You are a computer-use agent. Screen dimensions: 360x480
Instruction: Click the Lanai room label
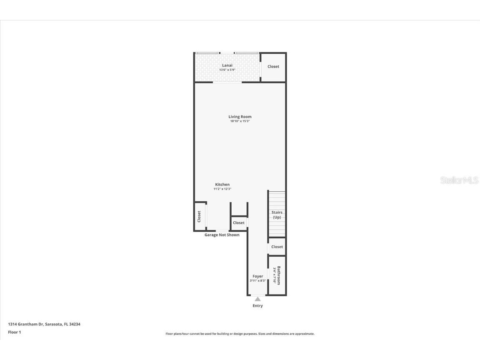[227, 65]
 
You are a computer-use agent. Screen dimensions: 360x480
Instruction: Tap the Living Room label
[240, 117]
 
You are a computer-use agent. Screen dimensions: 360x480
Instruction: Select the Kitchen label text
[222, 185]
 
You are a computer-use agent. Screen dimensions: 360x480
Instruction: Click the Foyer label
[258, 276]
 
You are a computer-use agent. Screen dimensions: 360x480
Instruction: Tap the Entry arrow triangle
[258, 299]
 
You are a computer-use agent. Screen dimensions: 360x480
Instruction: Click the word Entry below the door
[258, 306]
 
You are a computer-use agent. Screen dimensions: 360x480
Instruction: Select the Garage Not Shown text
[222, 235]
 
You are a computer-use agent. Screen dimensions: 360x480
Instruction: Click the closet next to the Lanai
[273, 67]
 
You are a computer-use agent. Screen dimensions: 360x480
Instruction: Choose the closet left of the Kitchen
[199, 216]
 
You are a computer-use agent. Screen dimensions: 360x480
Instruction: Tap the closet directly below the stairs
[277, 247]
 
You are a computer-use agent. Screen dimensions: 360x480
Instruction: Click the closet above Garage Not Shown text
[239, 223]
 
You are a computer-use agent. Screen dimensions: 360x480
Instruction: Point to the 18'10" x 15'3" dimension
[240, 121]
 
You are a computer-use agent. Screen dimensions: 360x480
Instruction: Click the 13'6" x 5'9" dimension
[227, 70]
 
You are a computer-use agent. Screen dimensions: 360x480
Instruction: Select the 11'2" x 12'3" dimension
[222, 189]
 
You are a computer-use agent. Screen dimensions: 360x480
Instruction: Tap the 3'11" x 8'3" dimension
[258, 281]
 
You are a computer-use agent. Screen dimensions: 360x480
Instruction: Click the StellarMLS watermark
[460, 180]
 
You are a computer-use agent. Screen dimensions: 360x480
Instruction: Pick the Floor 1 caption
[14, 332]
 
